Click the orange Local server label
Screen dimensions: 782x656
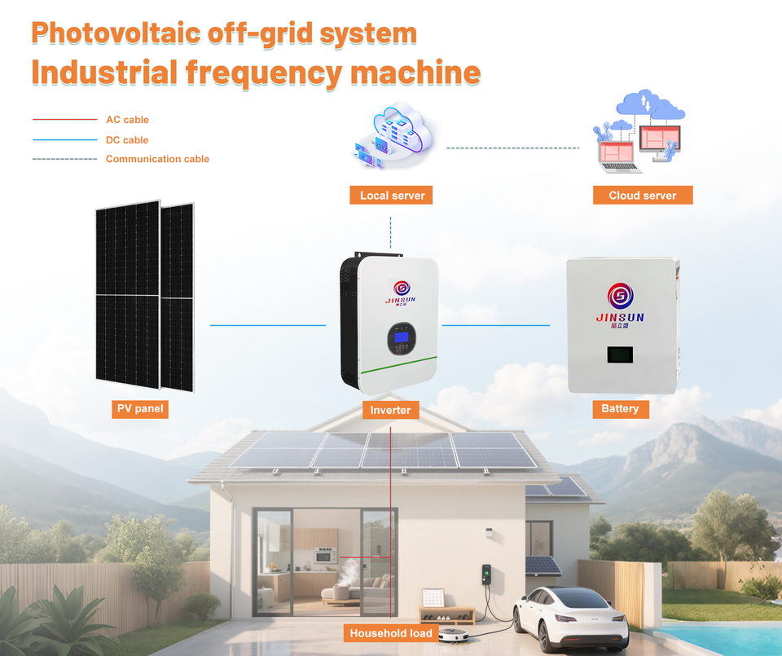[391, 195]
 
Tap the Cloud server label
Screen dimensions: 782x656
[643, 195]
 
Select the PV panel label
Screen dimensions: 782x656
[140, 409]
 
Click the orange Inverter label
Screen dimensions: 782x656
[390, 410]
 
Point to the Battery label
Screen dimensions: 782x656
[621, 409]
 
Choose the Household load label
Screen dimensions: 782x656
[391, 633]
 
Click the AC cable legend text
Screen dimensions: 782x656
[127, 120]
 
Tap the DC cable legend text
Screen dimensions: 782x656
[127, 140]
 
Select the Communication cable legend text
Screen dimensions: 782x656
[157, 159]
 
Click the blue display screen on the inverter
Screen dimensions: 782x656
[401, 337]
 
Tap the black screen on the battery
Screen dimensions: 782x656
[620, 354]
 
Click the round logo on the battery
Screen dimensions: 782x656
[621, 296]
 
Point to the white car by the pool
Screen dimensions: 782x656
[570, 617]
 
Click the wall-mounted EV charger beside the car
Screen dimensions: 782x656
[486, 575]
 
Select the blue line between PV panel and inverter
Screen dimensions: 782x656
[268, 325]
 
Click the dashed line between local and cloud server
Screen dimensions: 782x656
[512, 148]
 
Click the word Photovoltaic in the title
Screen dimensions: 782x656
[116, 33]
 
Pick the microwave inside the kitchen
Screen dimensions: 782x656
[325, 555]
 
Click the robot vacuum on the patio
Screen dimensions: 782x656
[454, 635]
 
